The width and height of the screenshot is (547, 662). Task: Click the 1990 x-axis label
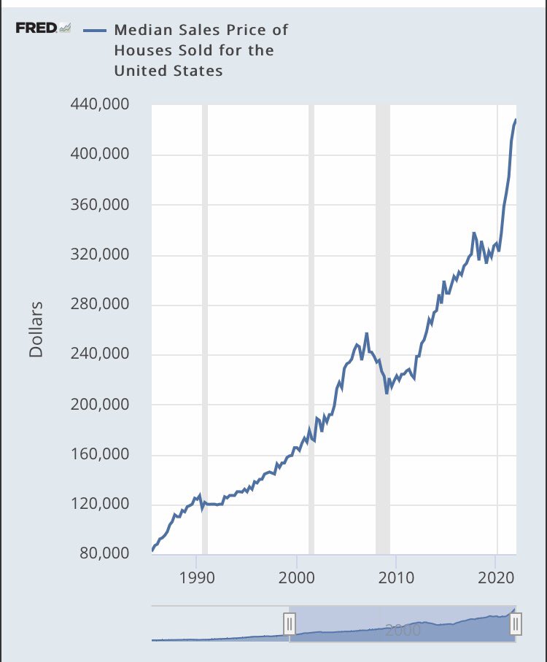point(196,578)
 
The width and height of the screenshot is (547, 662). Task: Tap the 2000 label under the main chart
point(297,578)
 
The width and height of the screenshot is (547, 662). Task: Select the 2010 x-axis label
point(396,578)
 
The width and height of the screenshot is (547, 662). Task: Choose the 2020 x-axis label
point(496,578)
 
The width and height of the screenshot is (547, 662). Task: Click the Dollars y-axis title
point(36,329)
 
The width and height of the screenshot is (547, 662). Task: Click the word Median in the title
point(141,30)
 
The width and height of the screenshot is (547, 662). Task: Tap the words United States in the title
point(168,71)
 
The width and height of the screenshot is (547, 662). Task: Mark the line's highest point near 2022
point(516,120)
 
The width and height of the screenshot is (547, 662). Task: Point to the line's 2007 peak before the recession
point(367,333)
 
